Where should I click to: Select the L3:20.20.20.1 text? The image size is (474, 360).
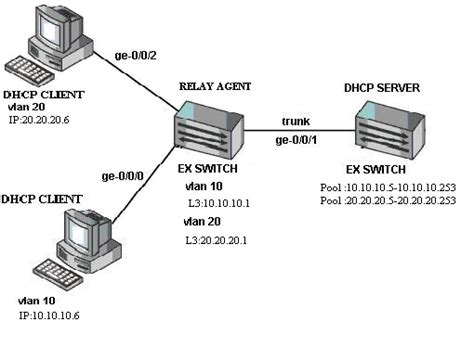(x=218, y=240)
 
